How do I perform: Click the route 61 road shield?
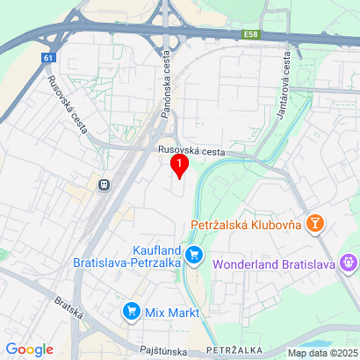coord(46,58)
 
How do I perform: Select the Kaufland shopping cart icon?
coord(196,257)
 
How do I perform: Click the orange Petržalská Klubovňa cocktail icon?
coord(314,225)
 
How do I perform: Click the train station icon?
coord(104,185)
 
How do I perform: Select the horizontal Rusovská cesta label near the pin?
coord(191,151)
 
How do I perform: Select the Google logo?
coord(29,349)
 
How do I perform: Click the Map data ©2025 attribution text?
coord(323,353)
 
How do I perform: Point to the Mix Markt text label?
coord(172,312)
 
